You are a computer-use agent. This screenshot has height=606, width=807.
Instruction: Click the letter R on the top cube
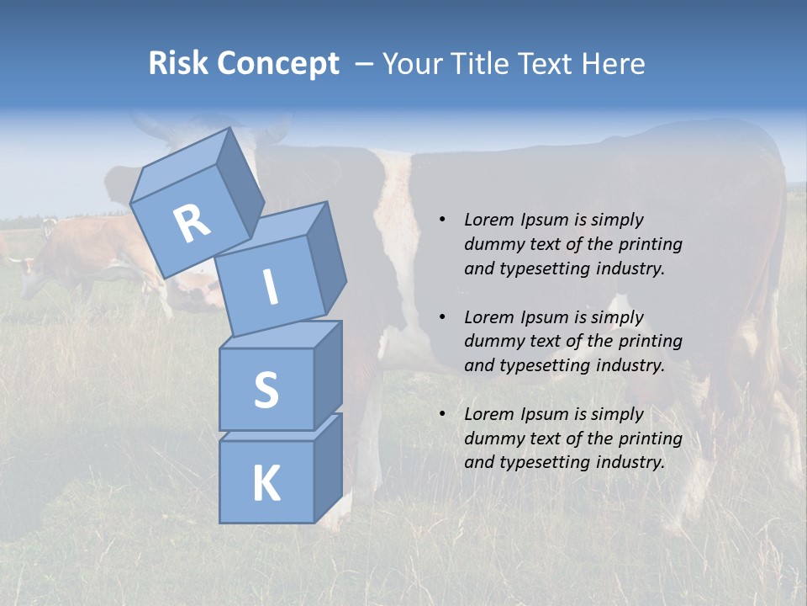pos(192,223)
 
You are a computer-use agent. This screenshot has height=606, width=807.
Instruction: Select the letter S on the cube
pos(266,390)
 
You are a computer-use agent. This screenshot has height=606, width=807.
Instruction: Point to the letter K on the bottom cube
pos(266,484)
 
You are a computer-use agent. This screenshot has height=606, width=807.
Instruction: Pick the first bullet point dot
pos(442,220)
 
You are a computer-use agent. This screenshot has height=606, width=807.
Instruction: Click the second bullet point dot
pos(442,317)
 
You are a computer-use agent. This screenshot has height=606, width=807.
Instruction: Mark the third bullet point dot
pos(442,414)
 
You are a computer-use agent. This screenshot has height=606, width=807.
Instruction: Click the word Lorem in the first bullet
pos(489,220)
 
